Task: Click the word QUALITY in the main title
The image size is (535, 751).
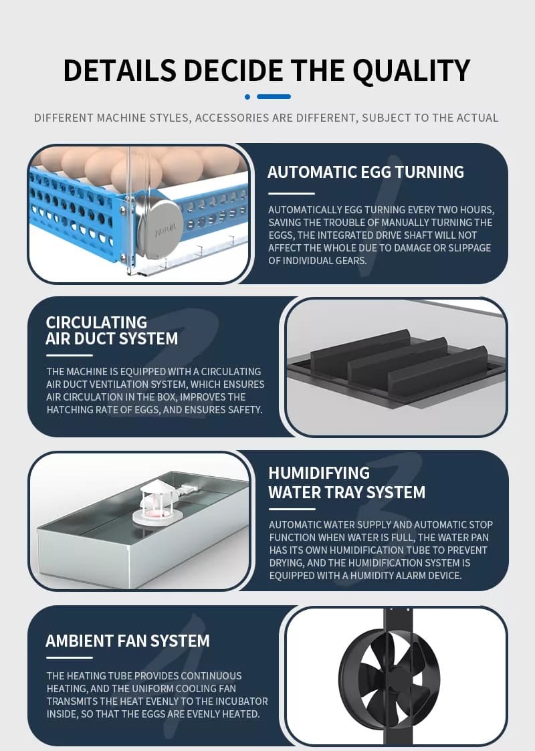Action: coord(411,72)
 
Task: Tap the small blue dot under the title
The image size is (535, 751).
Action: coord(247,97)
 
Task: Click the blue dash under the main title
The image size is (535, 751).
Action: coord(274,97)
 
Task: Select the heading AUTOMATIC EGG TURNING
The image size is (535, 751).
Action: coord(365,172)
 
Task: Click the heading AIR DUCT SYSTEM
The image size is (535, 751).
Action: coord(112,338)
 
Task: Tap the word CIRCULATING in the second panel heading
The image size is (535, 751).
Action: coord(96,322)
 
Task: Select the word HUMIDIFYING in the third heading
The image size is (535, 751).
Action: coord(319,473)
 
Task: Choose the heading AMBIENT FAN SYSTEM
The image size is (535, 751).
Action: coord(128,641)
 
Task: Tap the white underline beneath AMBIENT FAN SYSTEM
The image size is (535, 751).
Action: coord(70,657)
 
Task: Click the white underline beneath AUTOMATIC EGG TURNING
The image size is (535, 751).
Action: coord(291,193)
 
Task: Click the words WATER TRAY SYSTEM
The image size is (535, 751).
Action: coord(347,492)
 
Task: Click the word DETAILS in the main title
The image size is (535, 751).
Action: coord(120,72)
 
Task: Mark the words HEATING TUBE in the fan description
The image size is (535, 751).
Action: coord(100,676)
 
